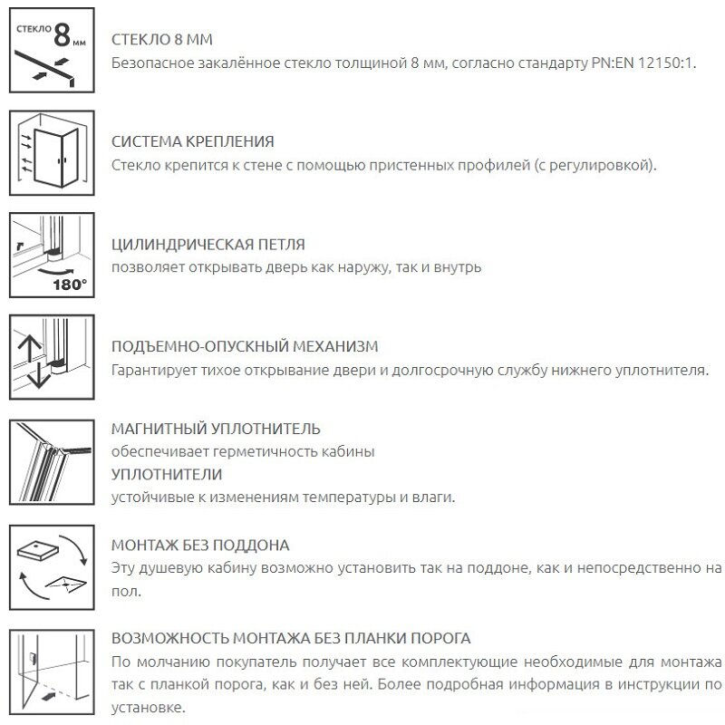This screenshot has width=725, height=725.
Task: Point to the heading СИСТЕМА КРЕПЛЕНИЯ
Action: [192, 143]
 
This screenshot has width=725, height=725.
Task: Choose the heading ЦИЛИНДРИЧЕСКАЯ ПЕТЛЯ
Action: [208, 245]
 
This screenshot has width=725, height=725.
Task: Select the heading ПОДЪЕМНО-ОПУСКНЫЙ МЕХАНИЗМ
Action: [244, 347]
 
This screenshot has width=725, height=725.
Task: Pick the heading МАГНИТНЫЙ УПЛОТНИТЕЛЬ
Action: [216, 429]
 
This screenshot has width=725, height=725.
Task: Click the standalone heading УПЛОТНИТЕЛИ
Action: [166, 474]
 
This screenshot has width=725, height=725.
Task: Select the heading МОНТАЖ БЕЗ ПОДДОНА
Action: [199, 546]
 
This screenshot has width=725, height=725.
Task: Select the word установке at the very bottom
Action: [146, 707]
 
